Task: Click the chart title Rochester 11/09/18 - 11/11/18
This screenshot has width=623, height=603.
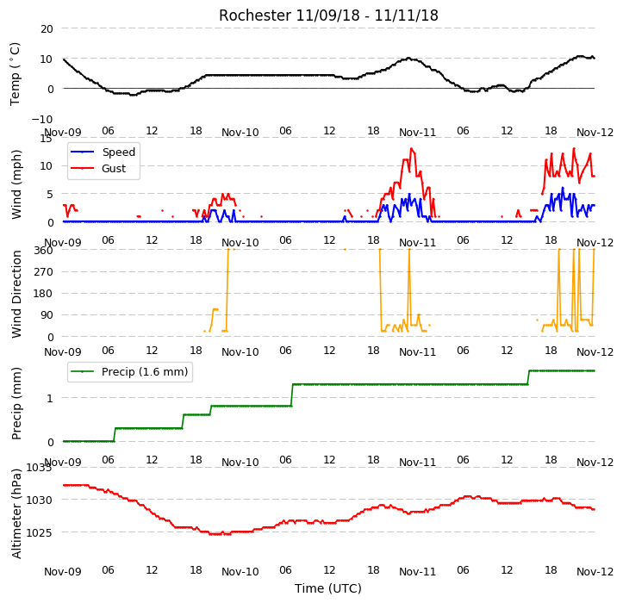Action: point(328,16)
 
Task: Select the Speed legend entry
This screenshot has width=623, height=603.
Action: point(103,152)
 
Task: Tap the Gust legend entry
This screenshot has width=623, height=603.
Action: point(98,169)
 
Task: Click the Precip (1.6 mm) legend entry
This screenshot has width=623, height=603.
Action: point(129,372)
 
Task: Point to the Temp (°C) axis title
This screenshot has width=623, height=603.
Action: point(16,74)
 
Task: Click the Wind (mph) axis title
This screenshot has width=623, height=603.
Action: point(16,184)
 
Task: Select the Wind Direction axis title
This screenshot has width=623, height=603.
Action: point(16,295)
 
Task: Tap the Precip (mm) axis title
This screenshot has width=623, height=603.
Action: point(16,404)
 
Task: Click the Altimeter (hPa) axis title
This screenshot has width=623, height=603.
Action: point(16,513)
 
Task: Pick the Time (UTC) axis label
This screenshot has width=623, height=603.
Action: point(328,588)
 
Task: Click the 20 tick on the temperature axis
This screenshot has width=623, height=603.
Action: point(47,29)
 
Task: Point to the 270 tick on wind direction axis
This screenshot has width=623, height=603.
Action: point(43,272)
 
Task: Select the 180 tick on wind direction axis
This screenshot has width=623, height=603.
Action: point(43,294)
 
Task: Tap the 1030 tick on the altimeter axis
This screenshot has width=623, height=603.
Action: point(40,500)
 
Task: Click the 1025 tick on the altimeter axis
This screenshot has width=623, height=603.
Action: point(40,532)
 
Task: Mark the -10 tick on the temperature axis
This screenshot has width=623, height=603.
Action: point(42,119)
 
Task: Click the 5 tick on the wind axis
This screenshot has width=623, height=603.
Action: point(50,195)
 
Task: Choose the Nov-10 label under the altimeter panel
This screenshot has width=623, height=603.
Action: point(240,572)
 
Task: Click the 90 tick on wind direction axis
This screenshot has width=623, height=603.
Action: point(47,315)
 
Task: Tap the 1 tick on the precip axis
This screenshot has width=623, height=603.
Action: point(50,399)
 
